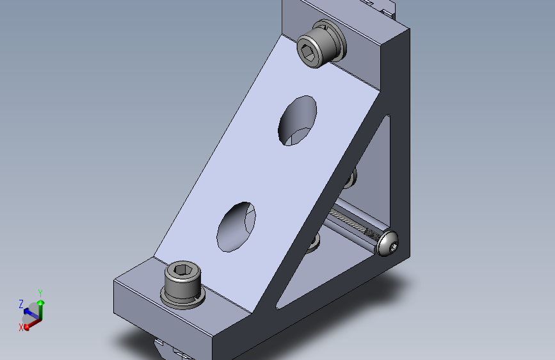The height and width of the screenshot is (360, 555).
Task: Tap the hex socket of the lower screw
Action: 182,270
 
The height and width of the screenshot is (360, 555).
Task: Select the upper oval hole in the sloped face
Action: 297,120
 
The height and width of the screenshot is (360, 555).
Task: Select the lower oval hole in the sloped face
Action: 236,227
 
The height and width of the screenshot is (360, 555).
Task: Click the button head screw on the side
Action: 388,243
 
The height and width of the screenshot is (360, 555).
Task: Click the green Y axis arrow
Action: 42,311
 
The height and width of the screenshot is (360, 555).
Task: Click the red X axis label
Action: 21,328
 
